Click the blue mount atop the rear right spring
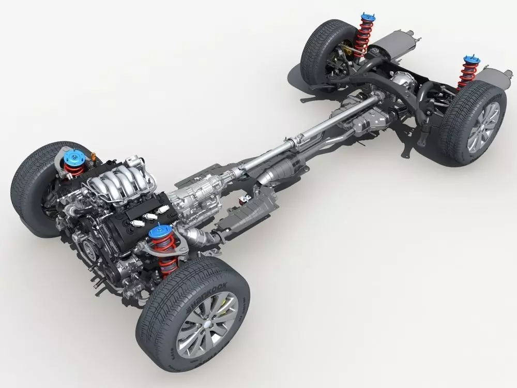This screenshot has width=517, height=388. coord(471,61)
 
